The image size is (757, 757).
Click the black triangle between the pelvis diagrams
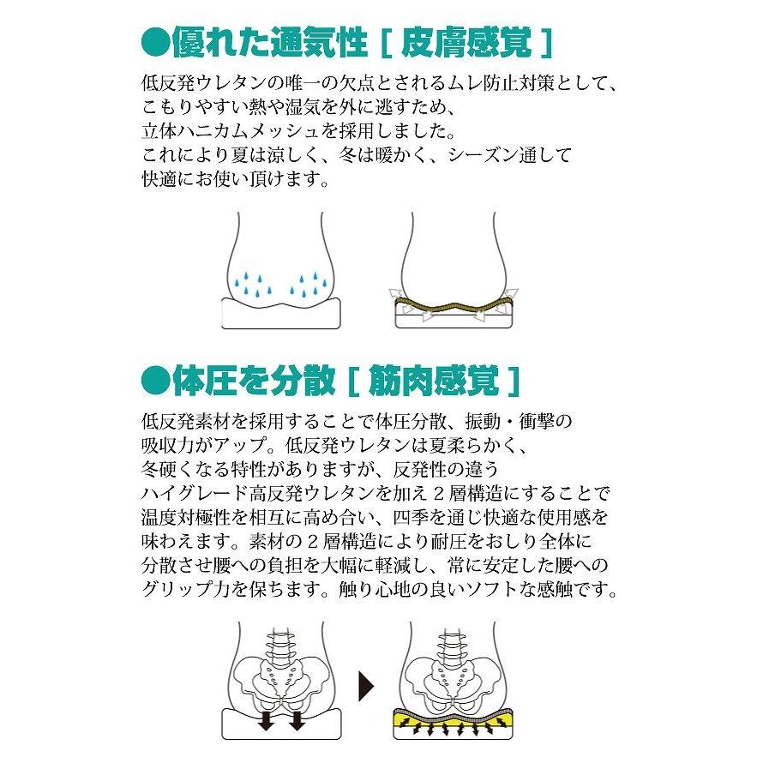tap(366, 686)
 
